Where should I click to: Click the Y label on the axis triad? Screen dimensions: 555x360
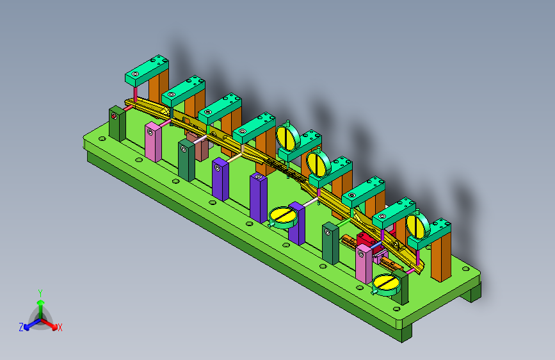(x=40, y=293)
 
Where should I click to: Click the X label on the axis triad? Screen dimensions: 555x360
(x=60, y=328)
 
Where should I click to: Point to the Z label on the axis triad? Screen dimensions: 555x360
(x=21, y=327)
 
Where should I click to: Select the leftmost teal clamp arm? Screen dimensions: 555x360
(x=147, y=70)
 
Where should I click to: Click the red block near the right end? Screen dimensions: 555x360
(x=367, y=241)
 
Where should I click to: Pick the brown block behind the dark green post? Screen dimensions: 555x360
(x=198, y=146)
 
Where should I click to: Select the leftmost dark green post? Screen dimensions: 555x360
(x=117, y=123)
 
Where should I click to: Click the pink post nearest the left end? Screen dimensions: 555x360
(x=153, y=142)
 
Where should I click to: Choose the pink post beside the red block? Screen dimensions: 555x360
(x=364, y=264)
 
